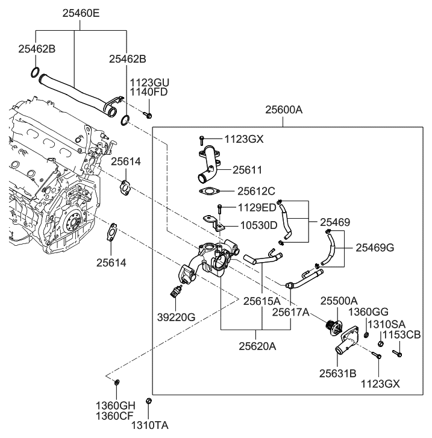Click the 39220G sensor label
(x=176, y=318)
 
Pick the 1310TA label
(x=151, y=425)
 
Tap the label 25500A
(x=339, y=301)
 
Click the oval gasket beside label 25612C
(x=208, y=192)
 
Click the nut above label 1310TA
(x=150, y=402)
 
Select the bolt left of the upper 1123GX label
(x=201, y=140)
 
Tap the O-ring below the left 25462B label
(x=36, y=74)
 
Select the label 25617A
(x=290, y=312)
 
